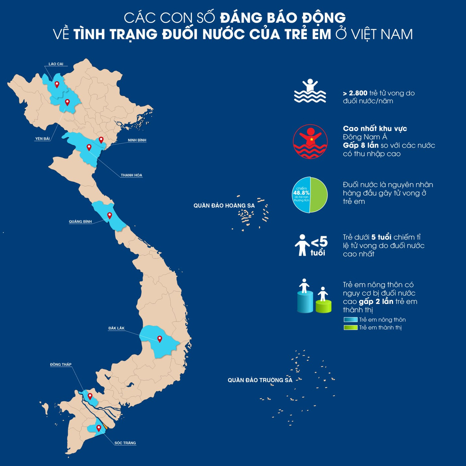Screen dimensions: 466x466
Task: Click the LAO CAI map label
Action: tap(56, 64)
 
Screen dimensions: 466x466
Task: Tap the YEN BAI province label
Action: tap(43, 139)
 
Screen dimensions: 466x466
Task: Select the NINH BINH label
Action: tap(137, 140)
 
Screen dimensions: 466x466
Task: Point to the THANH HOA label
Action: tap(131, 175)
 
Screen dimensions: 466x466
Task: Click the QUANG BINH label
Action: tap(80, 222)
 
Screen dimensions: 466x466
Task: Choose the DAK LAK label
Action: tap(116, 328)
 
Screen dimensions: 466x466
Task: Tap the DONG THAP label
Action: tap(61, 364)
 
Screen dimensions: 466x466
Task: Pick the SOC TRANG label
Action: tap(125, 443)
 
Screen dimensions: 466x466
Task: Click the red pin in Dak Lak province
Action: tap(160, 339)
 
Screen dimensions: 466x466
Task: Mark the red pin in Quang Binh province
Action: tap(109, 215)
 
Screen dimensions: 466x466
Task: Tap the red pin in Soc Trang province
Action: tap(99, 428)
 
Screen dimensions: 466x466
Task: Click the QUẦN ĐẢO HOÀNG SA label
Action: tap(224, 206)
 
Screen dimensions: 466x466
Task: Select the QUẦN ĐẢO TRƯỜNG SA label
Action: tap(260, 380)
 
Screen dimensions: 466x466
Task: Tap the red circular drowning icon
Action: tap(310, 141)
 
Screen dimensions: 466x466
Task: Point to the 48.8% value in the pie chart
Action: tap(301, 193)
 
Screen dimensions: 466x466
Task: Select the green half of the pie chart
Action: tap(318, 195)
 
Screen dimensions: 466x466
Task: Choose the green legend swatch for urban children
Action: tap(350, 328)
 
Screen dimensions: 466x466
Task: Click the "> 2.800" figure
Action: tap(355, 93)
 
